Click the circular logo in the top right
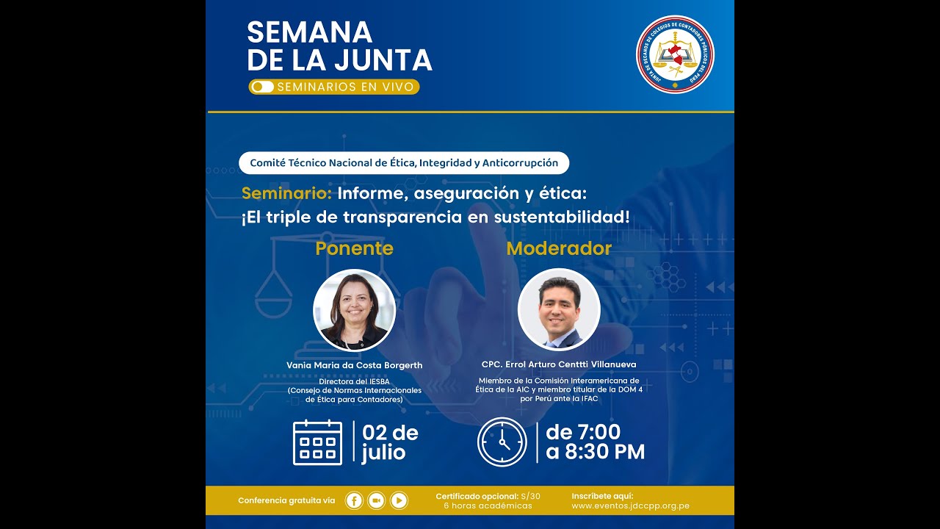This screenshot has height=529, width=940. (675, 54)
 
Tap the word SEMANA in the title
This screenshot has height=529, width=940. (310, 33)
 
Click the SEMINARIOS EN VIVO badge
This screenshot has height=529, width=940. (334, 87)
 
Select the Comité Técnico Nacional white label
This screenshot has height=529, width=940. (404, 162)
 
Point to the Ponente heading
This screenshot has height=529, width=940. (354, 248)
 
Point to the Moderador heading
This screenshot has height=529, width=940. (559, 248)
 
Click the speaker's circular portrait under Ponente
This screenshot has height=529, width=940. (354, 310)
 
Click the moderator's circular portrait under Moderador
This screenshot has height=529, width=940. (559, 310)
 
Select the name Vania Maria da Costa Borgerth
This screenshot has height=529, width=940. (354, 365)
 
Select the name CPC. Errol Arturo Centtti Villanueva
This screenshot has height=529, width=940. (559, 364)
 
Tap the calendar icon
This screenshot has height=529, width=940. (317, 442)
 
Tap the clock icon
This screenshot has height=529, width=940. (502, 442)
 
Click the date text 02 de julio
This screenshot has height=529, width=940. (389, 442)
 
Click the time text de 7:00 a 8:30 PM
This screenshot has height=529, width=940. (595, 442)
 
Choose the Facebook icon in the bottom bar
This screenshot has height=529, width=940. (354, 500)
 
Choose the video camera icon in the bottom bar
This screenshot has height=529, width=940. (377, 500)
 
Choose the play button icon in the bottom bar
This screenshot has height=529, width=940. (399, 500)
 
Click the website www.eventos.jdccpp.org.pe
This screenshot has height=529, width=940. (630, 506)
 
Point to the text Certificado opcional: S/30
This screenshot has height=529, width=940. (488, 496)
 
